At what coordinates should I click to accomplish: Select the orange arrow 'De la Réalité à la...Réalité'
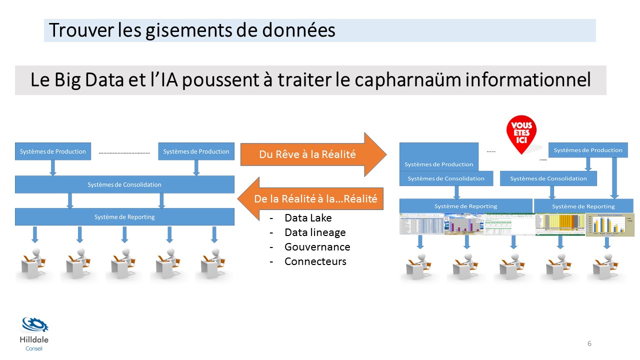tap(310, 198)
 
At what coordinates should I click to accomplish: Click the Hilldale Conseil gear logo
tap(34, 325)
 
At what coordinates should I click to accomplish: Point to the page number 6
tap(589, 343)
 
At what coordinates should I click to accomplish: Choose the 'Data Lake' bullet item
tap(308, 218)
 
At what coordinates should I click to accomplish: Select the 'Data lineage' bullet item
tap(315, 232)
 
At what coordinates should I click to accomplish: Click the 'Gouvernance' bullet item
tap(317, 247)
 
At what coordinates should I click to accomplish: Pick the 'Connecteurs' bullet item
tap(315, 261)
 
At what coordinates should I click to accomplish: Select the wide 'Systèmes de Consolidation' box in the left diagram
tap(124, 184)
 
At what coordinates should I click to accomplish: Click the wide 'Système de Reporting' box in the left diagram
tap(124, 217)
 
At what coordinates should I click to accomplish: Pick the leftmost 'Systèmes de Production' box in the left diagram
tap(53, 151)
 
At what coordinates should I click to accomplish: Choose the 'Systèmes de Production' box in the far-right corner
tap(588, 150)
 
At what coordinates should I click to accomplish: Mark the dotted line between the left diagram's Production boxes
tap(124, 152)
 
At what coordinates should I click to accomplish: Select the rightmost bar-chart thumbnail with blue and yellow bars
tap(605, 225)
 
